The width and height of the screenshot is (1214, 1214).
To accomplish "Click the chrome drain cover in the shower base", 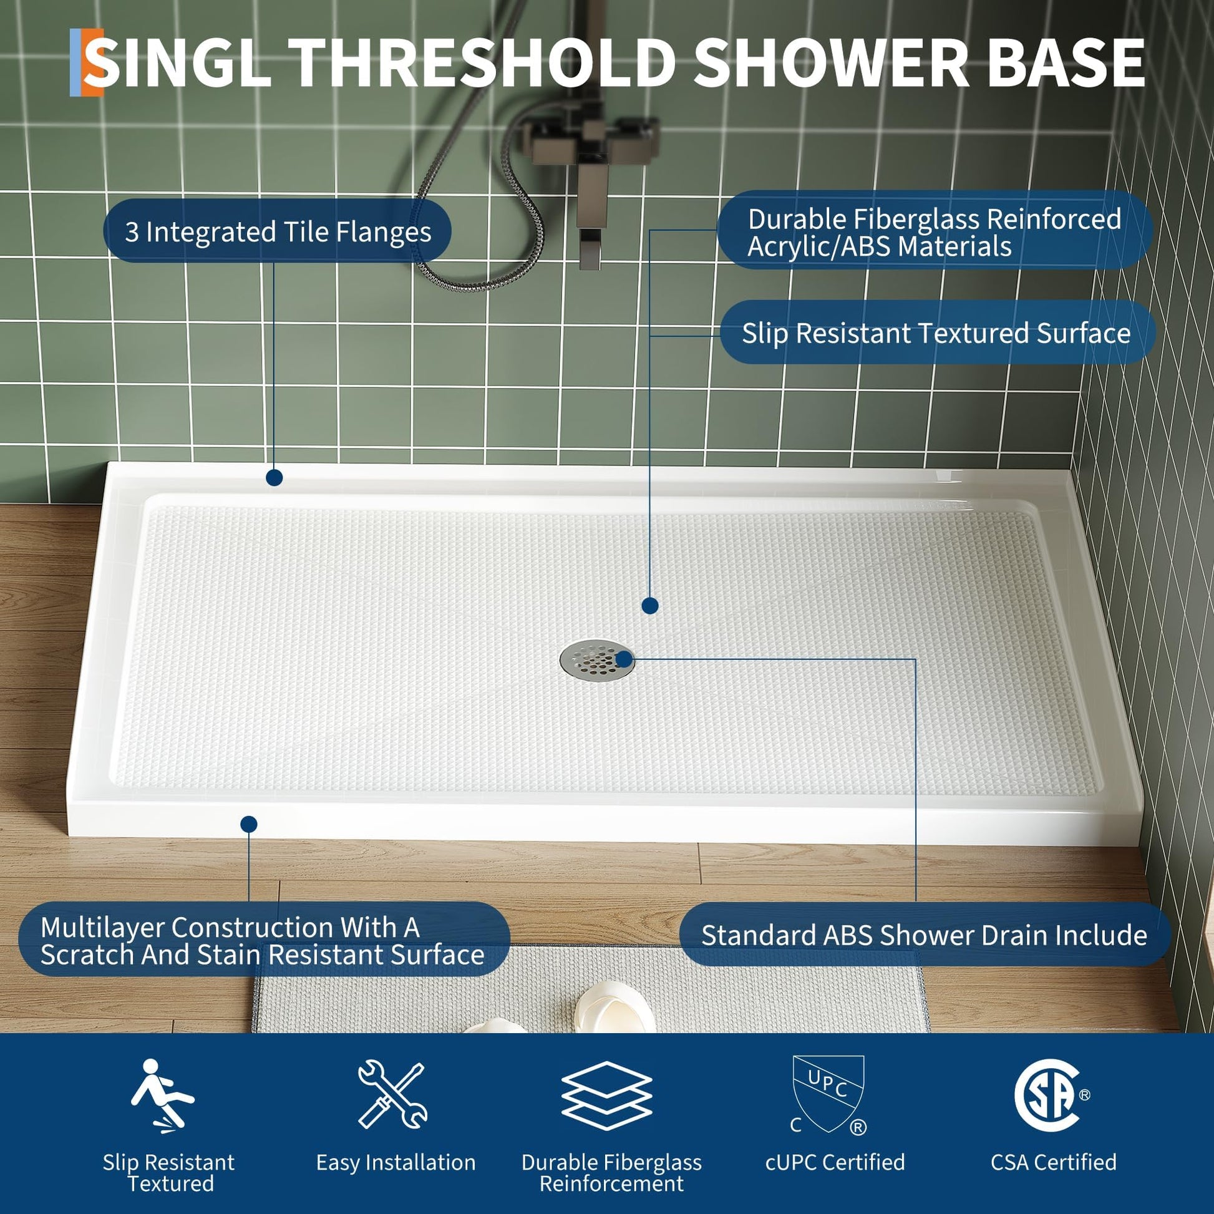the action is point(596,659).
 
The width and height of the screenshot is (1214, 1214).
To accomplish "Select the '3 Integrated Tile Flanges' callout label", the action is point(277,231).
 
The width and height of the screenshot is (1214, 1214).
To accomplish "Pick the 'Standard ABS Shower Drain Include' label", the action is point(925,935).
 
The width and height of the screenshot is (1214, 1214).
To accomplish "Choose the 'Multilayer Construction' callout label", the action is point(264,940).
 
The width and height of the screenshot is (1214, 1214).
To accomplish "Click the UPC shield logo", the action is point(828,1095).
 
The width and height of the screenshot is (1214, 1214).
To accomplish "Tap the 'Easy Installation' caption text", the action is point(396,1162).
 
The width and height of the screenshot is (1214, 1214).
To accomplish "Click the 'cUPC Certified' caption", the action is point(835,1162).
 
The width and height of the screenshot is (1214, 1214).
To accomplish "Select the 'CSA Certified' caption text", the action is point(1054,1162).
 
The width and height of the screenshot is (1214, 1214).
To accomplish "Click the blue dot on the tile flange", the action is point(274,478).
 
